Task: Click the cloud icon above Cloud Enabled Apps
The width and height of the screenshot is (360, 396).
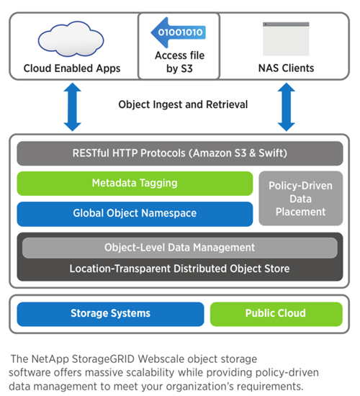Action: [x=71, y=39]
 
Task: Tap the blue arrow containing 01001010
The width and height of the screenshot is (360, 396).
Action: [x=179, y=32]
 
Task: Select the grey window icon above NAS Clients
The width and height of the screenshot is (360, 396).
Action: [x=286, y=39]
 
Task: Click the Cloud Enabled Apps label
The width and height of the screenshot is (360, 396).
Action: [x=72, y=68]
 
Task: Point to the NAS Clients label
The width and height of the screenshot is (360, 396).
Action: [x=287, y=68]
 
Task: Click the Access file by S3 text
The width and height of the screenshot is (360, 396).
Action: [x=179, y=62]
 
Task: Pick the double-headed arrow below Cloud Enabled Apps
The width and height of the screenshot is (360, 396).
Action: [x=72, y=107]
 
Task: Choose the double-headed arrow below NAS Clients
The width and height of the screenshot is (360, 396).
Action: [x=287, y=107]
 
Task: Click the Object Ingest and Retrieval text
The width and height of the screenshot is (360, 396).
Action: [x=183, y=104]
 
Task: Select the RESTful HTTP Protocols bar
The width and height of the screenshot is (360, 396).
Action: [x=180, y=153]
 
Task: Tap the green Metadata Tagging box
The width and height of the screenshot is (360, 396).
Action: [x=135, y=184]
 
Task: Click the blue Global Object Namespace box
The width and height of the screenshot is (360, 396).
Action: [x=135, y=214]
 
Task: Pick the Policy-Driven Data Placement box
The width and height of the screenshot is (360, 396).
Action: [x=301, y=199]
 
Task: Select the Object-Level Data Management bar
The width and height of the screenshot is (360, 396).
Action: [x=179, y=248]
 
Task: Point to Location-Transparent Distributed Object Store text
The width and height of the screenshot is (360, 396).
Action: [x=179, y=269]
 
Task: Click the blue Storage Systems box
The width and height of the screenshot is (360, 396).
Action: [x=110, y=314]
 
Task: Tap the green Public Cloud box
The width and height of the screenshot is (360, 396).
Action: [x=276, y=314]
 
